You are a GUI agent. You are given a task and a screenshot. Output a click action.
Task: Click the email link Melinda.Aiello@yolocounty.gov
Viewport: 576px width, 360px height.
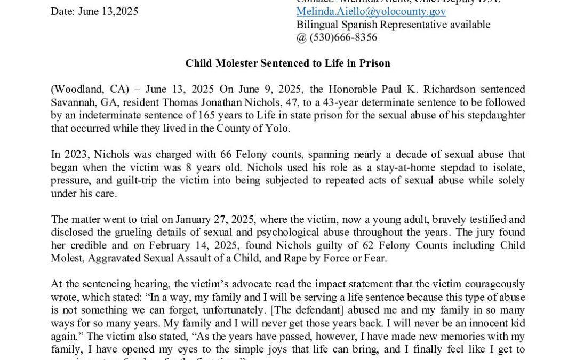(371, 11)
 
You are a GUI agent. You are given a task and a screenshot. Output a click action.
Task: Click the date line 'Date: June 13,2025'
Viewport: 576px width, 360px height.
(94, 11)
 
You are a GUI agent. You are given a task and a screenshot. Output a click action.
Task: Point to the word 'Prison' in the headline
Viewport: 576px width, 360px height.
(376, 63)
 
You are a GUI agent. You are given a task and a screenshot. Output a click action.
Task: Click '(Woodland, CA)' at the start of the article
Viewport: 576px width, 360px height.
(80, 89)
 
